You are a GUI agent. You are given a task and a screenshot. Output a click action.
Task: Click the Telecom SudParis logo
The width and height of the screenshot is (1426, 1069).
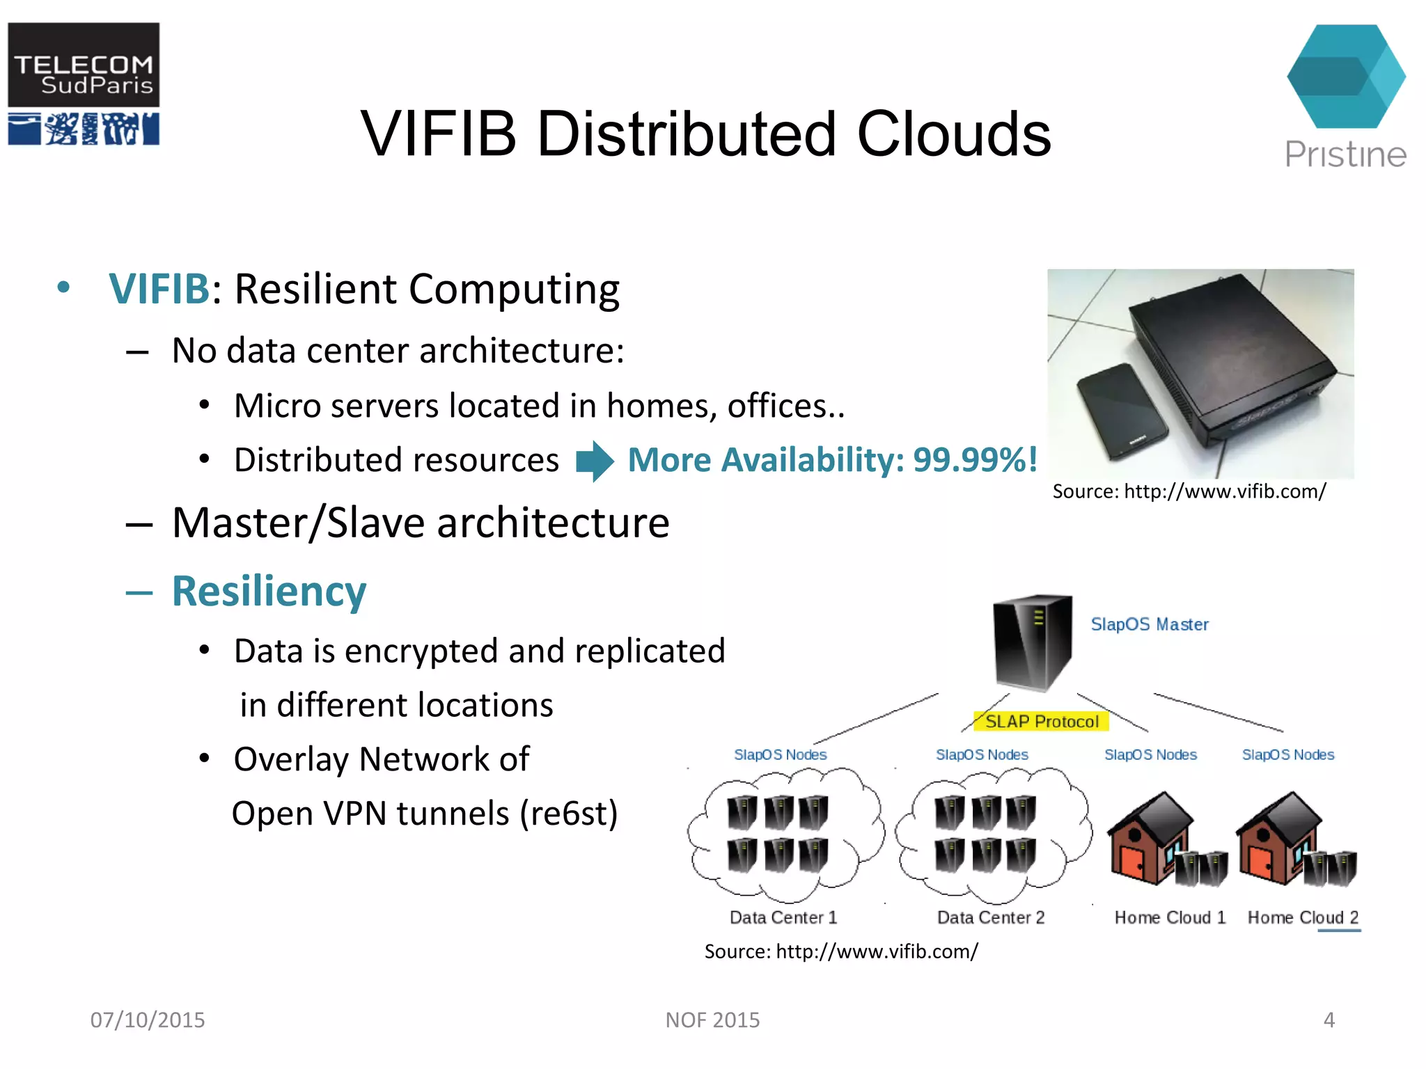[84, 84]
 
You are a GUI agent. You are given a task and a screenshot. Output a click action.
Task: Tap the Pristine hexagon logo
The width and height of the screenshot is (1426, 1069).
[1345, 77]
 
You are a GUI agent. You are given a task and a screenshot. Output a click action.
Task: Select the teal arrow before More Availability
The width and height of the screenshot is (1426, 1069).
[595, 461]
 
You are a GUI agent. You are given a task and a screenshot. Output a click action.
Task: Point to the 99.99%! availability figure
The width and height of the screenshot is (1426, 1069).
[975, 460]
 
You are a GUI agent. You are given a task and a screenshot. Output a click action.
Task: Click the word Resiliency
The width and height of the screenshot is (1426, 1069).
[269, 592]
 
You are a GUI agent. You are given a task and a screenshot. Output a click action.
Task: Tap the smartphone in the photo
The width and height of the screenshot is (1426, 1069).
[1122, 411]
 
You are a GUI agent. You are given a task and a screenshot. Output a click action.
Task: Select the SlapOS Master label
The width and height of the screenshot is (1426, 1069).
[1149, 624]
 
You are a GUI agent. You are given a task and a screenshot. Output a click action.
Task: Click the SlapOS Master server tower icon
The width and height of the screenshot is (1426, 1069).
[1032, 642]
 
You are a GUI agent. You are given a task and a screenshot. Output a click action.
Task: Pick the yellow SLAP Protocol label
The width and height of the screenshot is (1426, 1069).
[1042, 722]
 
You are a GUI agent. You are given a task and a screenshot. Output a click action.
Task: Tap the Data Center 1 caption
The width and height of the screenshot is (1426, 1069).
[783, 917]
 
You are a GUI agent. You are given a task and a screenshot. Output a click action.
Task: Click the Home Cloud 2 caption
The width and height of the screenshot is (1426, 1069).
[1303, 917]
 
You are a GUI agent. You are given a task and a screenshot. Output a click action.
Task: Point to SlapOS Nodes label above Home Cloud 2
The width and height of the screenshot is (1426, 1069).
[1287, 754]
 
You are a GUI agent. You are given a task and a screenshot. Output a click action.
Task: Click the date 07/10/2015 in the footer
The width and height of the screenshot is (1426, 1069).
[148, 1020]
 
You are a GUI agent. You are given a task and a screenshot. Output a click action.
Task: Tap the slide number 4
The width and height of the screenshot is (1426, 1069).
[1329, 1020]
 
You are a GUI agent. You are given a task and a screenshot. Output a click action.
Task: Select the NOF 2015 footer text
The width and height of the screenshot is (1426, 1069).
[712, 1020]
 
